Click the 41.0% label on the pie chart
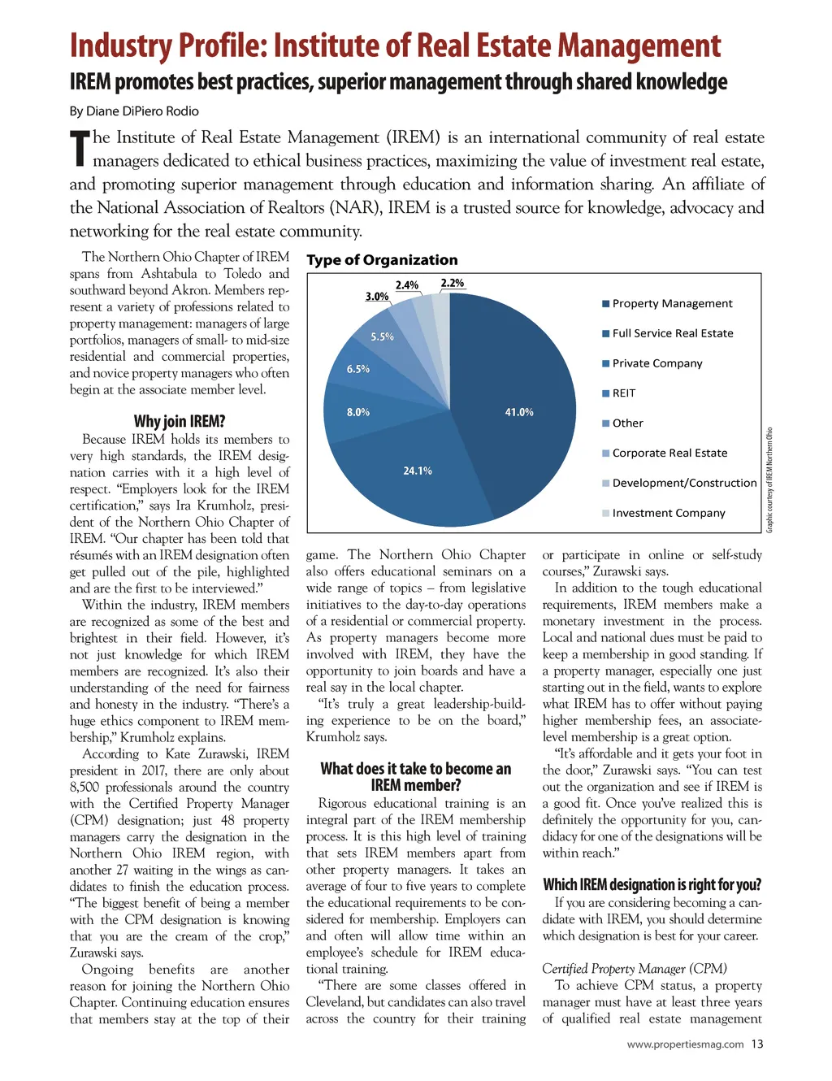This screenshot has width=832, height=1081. (x=519, y=412)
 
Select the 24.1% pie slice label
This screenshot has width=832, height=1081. (x=418, y=471)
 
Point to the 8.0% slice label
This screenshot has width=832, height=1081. (x=358, y=412)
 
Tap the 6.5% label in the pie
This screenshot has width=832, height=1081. (x=358, y=369)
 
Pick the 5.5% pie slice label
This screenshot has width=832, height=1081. (x=382, y=336)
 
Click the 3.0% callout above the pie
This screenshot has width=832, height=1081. (x=377, y=297)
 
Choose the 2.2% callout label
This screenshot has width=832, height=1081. (x=453, y=283)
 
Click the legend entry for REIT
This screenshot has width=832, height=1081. (x=624, y=393)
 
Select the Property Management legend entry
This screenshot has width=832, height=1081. (x=672, y=303)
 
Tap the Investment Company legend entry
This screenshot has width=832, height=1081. (x=669, y=513)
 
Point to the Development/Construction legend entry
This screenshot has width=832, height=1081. (x=684, y=483)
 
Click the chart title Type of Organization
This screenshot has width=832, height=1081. (x=382, y=260)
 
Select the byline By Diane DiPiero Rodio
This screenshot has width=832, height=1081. (x=134, y=111)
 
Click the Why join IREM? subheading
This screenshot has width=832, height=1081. (x=180, y=421)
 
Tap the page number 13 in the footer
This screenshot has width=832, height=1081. (x=757, y=1044)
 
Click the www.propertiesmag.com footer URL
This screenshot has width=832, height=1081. (x=685, y=1044)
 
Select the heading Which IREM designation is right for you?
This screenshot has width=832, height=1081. (x=652, y=884)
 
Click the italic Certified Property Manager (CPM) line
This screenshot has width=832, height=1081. (x=635, y=968)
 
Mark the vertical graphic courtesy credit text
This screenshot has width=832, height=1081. (x=769, y=480)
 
